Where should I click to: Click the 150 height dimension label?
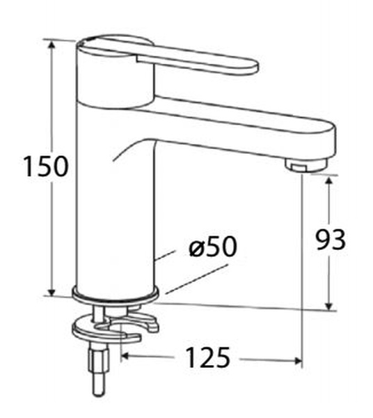coord(45,167)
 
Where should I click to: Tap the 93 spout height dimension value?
coord(331,240)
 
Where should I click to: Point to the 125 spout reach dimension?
coord(207,359)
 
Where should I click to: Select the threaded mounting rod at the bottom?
coord(95,373)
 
